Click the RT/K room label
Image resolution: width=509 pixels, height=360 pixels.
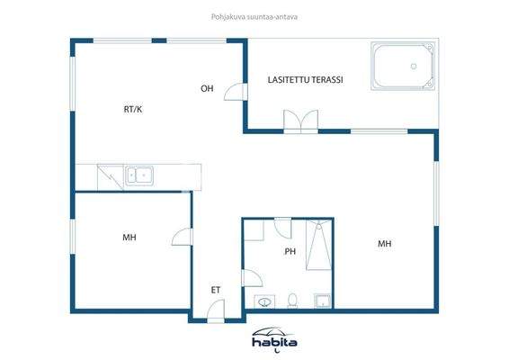133,109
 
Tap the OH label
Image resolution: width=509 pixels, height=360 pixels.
207,88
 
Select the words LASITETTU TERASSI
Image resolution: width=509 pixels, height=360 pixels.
305,80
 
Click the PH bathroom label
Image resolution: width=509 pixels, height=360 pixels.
290,252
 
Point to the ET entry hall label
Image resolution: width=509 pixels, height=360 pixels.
216,290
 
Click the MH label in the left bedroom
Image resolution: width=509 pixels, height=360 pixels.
129,238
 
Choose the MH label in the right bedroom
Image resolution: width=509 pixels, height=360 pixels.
384,244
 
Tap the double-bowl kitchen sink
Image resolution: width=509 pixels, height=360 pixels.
138,175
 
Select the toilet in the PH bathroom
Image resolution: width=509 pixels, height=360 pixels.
292,300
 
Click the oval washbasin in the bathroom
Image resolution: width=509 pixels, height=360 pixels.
263,301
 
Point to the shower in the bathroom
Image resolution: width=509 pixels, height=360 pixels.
318,246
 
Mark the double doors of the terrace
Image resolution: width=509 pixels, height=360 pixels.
300,121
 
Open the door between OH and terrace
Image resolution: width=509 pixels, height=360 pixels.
235,93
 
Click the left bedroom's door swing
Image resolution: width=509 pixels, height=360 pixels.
183,237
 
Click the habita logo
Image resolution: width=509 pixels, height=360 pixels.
274,339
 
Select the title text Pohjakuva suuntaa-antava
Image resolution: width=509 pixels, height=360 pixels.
254,15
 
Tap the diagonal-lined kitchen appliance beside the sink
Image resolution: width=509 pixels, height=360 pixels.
110,175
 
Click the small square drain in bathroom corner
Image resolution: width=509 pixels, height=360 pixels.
321,300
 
